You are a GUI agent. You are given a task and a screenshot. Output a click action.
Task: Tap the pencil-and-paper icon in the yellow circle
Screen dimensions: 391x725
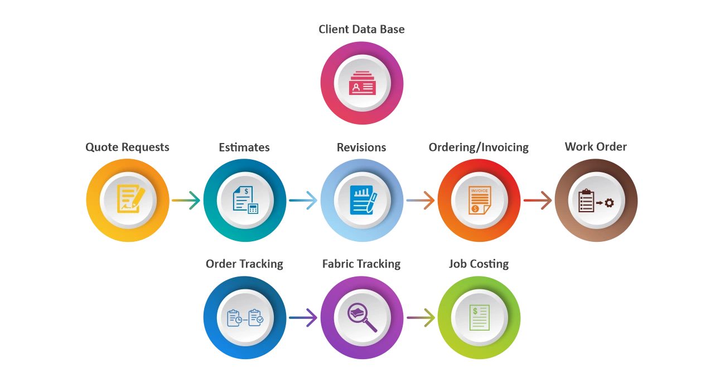130,199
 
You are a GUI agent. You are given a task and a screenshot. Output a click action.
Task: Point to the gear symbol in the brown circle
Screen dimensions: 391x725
609,203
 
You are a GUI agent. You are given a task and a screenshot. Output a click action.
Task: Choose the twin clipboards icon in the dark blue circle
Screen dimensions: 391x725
245,318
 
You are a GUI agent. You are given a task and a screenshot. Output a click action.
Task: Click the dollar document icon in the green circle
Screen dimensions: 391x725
479,317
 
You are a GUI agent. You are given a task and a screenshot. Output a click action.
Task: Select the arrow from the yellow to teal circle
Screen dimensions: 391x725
186,199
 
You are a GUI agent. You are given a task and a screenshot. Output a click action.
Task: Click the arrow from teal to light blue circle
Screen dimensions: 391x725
302,199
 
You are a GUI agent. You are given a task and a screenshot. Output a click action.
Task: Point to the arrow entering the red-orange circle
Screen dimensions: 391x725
420,199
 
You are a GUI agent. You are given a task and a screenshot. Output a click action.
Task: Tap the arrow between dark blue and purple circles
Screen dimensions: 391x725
303,317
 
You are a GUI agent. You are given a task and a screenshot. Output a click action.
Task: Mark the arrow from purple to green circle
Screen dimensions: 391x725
420,317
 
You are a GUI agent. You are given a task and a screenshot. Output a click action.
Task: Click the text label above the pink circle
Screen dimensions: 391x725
361,30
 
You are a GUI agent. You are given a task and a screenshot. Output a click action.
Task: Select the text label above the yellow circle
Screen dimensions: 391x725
127,147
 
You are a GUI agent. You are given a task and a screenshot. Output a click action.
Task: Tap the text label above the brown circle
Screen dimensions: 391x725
595,147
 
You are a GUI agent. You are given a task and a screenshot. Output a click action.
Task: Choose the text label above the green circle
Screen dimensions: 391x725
478,263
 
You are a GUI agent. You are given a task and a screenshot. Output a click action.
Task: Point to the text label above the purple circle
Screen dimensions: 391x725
361,263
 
